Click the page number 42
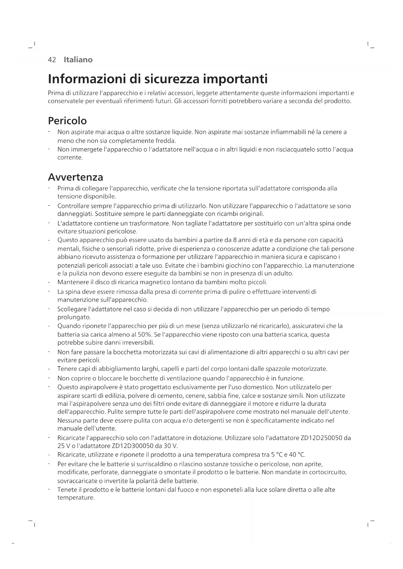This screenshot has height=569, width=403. [52, 60]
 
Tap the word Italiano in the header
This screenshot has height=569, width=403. [78, 60]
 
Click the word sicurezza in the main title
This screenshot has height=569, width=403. [171, 79]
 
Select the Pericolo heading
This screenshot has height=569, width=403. [67, 121]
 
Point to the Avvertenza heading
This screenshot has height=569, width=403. [75, 177]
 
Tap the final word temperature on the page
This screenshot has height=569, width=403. [76, 498]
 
